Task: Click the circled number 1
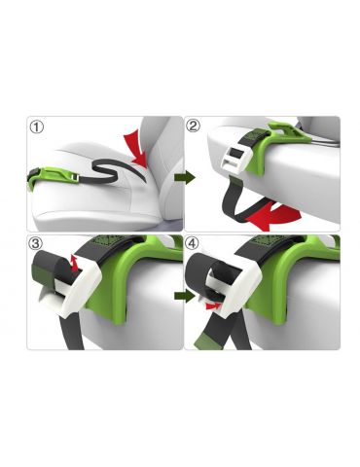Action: point(36,126)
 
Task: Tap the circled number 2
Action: point(193,126)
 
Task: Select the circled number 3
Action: point(36,243)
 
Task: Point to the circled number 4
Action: point(193,243)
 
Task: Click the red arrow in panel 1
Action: point(136,149)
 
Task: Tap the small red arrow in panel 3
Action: point(75,263)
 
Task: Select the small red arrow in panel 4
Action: point(213,305)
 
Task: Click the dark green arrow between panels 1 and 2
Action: point(185,177)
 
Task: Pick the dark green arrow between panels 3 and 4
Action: point(185,296)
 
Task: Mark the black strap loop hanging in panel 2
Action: point(241,201)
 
